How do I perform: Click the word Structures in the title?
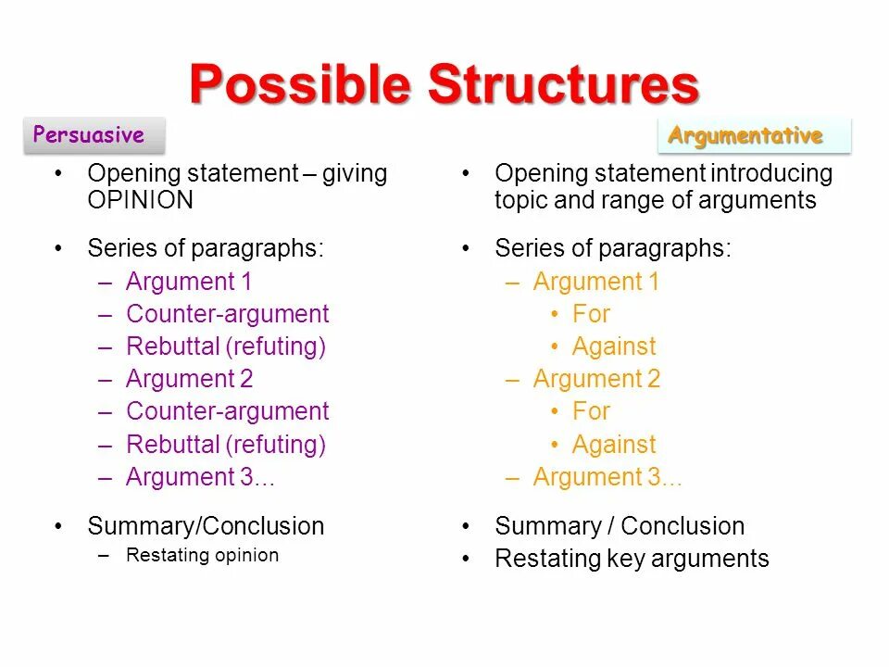pos(563,85)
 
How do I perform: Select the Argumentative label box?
pos(754,136)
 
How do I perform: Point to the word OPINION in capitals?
pos(141,200)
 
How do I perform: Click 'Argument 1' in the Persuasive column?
pos(189,282)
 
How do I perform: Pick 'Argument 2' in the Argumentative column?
pos(596,379)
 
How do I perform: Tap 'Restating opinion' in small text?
pos(202,556)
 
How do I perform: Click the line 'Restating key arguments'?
pos(632,559)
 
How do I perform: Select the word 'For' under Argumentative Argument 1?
pos(591,314)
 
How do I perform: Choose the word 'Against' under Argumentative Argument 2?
pos(613,445)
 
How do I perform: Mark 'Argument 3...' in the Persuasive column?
pos(200,477)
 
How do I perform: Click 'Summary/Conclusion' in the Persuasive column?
pos(206,526)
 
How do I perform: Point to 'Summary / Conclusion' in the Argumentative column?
pos(620,526)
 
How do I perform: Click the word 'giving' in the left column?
pos(355,174)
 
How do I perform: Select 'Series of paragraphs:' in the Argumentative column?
pos(613,248)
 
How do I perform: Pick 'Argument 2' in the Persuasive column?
pos(189,379)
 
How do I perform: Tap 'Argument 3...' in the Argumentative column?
pos(607,477)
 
